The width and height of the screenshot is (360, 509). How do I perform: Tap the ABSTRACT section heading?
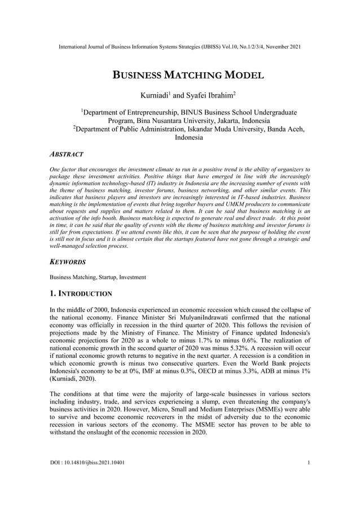coord(67,154)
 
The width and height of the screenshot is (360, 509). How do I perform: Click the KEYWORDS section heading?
coord(68,262)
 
